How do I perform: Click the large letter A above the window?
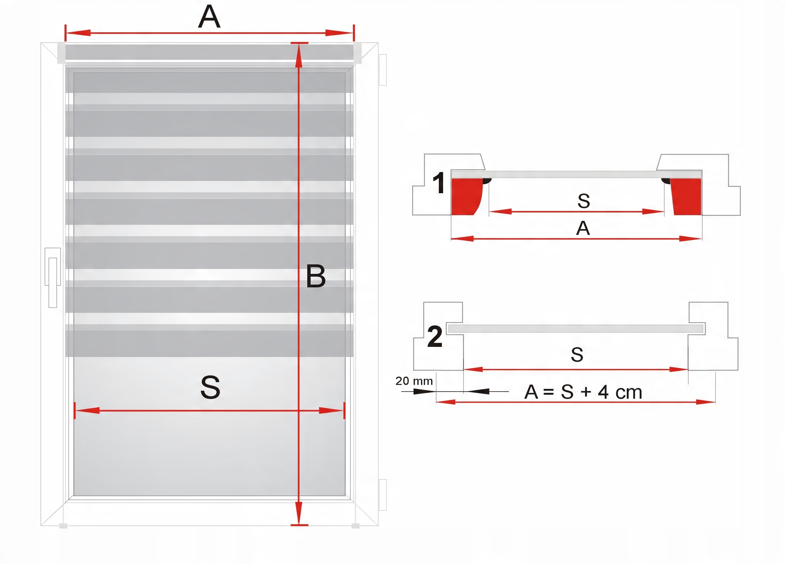pyautogui.click(x=209, y=17)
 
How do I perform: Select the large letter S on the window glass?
pyautogui.click(x=210, y=387)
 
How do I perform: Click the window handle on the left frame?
pyautogui.click(x=53, y=277)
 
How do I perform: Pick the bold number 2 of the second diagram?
pyautogui.click(x=435, y=336)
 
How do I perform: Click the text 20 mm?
pyautogui.click(x=414, y=381)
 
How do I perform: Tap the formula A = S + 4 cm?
pyautogui.click(x=583, y=392)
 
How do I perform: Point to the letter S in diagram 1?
pyautogui.click(x=584, y=201)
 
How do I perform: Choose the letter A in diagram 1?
pyautogui.click(x=583, y=228)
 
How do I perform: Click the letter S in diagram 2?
pyautogui.click(x=577, y=355)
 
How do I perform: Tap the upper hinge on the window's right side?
pyautogui.click(x=383, y=70)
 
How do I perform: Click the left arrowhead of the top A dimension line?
pyautogui.click(x=78, y=33)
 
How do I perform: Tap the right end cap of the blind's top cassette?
pyautogui.click(x=358, y=53)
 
